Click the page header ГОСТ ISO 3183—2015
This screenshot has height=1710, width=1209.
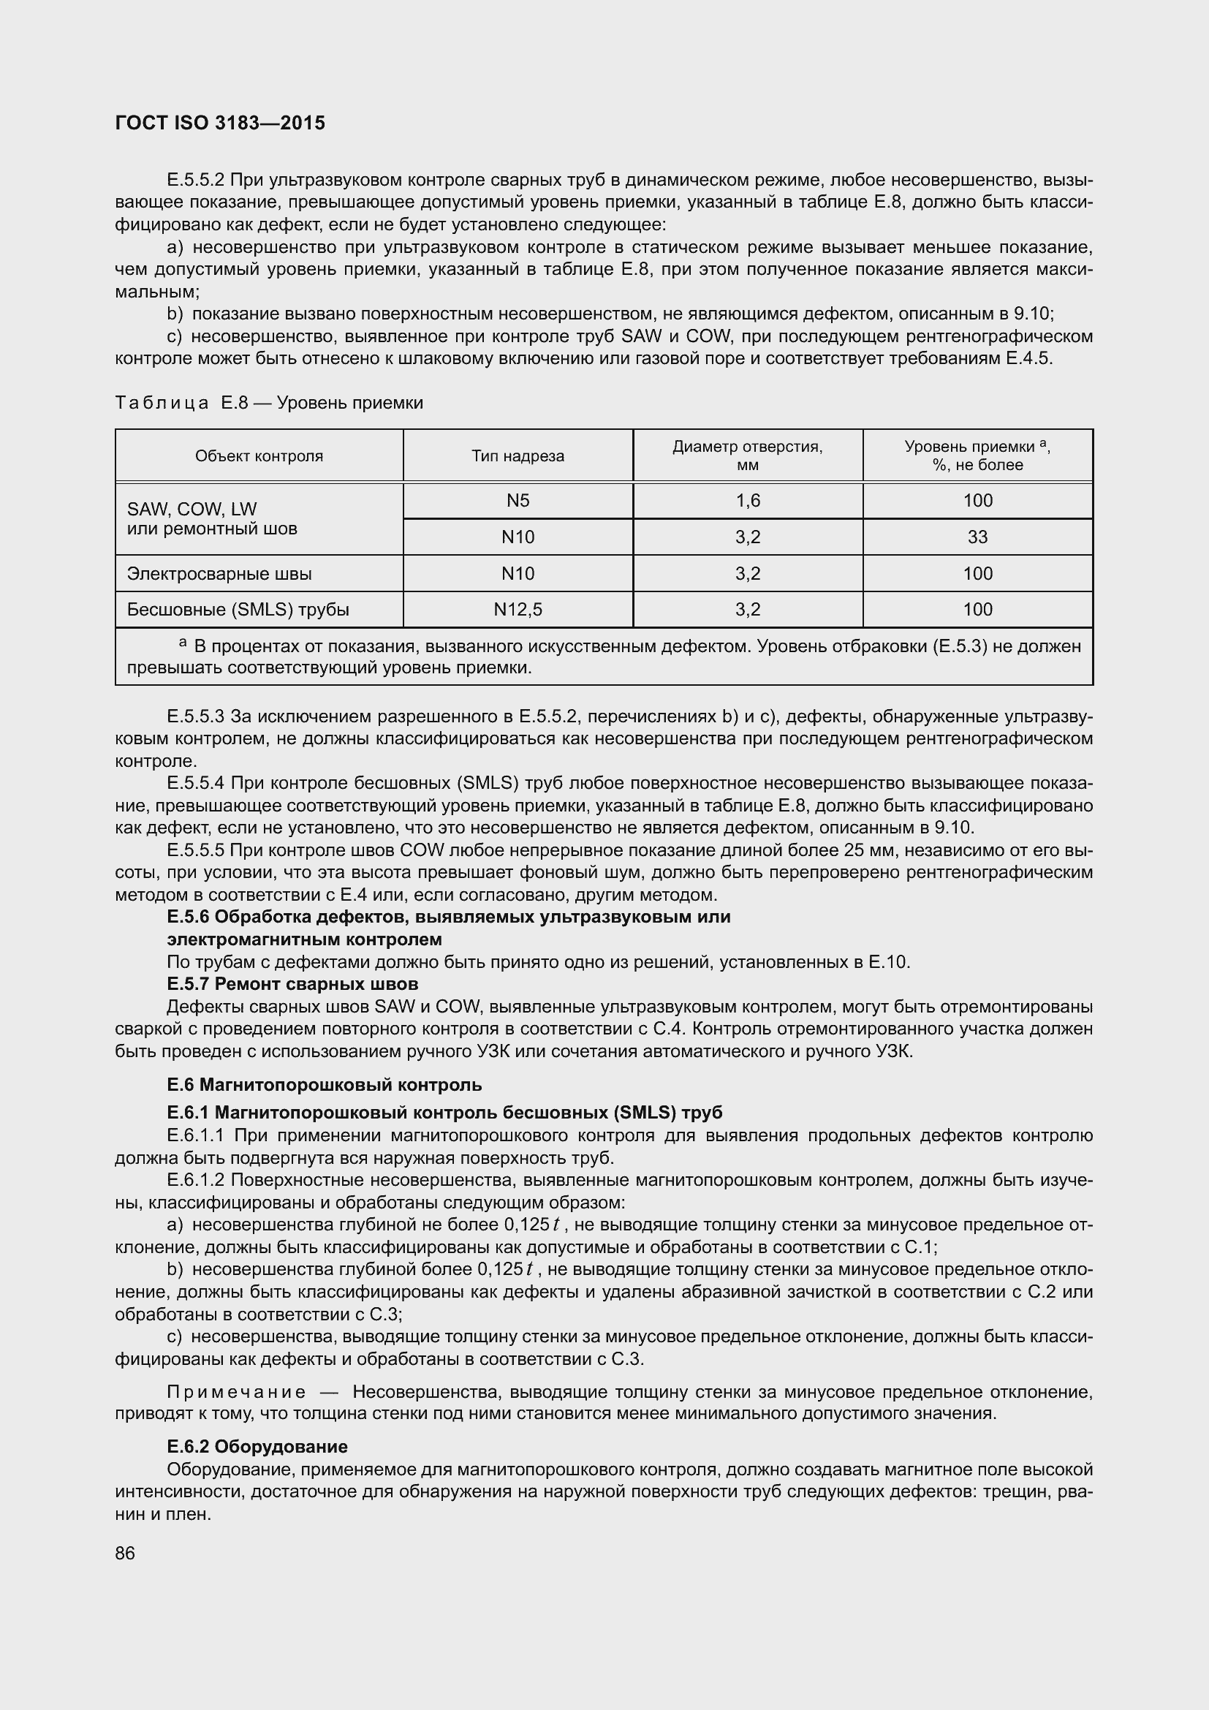coord(220,123)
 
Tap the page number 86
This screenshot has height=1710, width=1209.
coord(125,1553)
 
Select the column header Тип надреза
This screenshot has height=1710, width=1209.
coord(518,455)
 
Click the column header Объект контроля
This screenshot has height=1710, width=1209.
coord(259,455)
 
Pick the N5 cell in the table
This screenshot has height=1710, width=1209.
coord(518,501)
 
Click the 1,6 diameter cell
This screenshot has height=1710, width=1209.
coord(748,501)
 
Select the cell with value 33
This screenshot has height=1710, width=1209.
coord(977,537)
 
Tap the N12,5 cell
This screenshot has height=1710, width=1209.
coord(518,609)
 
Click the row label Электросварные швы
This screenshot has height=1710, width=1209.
coord(219,573)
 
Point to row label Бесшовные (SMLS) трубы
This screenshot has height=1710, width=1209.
coord(238,609)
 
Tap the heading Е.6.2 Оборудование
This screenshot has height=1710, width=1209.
coord(257,1446)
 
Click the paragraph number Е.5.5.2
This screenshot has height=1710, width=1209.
coord(196,181)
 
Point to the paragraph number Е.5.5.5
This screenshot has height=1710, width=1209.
coord(196,850)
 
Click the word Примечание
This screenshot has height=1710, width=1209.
coord(236,1391)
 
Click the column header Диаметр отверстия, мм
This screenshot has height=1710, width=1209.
coord(748,455)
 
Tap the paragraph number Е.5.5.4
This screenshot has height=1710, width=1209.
coord(196,783)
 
